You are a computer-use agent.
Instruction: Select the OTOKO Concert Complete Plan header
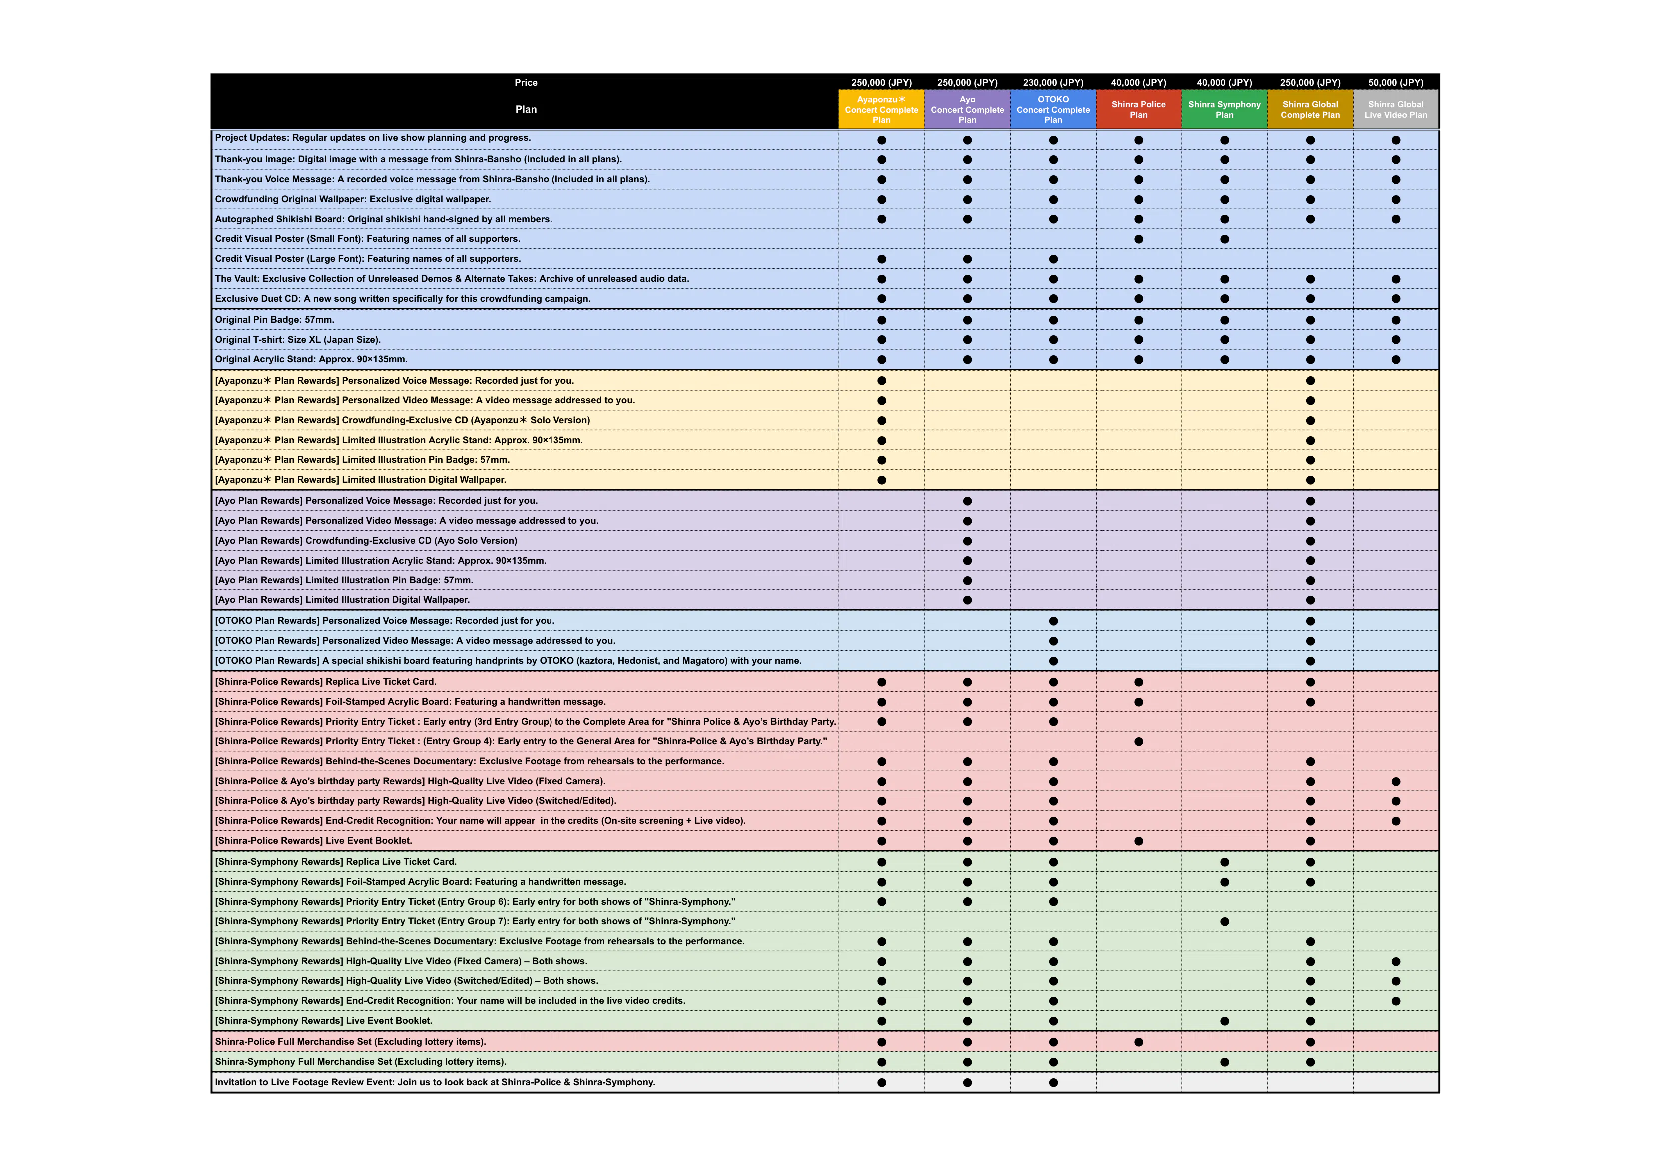pos(1053,109)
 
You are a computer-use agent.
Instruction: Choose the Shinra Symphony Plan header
pos(1224,109)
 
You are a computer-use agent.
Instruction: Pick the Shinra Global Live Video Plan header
pos(1395,109)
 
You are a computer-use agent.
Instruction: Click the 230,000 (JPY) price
pos(1053,83)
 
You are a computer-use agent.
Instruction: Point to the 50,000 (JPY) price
pos(1395,83)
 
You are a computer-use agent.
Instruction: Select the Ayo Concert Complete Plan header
pos(967,109)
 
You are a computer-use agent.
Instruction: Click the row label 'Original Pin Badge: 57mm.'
pos(274,320)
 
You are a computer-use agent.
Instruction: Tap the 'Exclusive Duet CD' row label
pos(403,299)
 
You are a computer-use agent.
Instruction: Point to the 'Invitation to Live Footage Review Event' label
pos(434,1082)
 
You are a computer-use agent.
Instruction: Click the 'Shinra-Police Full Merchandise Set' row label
pos(350,1042)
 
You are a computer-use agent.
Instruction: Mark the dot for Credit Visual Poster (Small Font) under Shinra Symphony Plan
pos(1224,239)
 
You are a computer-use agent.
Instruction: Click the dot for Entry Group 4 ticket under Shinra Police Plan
pos(1139,742)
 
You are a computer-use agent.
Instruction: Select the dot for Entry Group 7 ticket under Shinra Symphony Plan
pos(1224,921)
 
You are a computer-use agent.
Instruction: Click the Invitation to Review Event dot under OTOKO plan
pos(1053,1082)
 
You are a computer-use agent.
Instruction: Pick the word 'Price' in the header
pos(526,83)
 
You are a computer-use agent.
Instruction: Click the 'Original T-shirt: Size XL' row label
pos(297,339)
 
